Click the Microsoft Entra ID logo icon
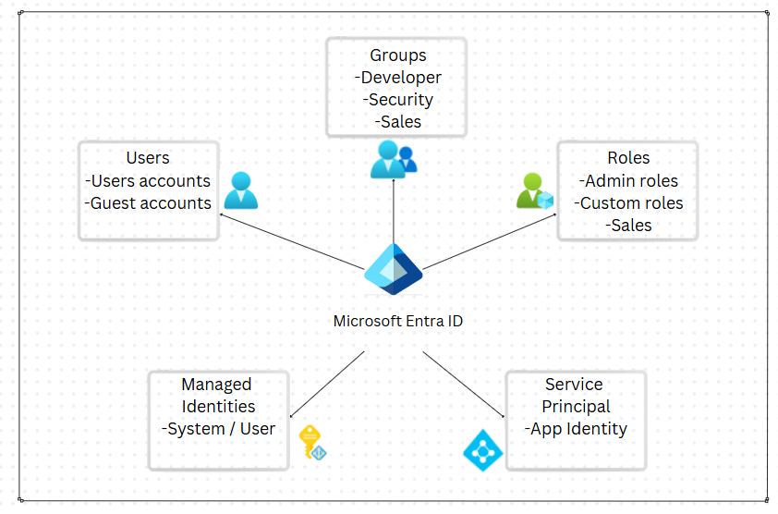pyautogui.click(x=393, y=270)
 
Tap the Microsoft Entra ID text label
pyautogui.click(x=397, y=321)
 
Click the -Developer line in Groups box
pyautogui.click(x=398, y=78)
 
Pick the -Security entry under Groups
pyautogui.click(x=398, y=100)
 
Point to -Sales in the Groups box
pyautogui.click(x=398, y=122)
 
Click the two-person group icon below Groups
pyautogui.click(x=394, y=159)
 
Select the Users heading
pyautogui.click(x=148, y=158)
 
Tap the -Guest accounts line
pyautogui.click(x=148, y=202)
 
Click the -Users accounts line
pyautogui.click(x=148, y=180)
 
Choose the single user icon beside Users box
pyautogui.click(x=240, y=190)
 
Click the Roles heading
pyautogui.click(x=628, y=158)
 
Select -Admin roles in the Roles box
pyautogui.click(x=628, y=180)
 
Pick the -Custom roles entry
pyautogui.click(x=628, y=202)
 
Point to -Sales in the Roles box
pyautogui.click(x=628, y=225)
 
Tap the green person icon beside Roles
pyautogui.click(x=534, y=190)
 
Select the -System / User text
pyautogui.click(x=218, y=429)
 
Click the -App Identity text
pyautogui.click(x=576, y=429)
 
